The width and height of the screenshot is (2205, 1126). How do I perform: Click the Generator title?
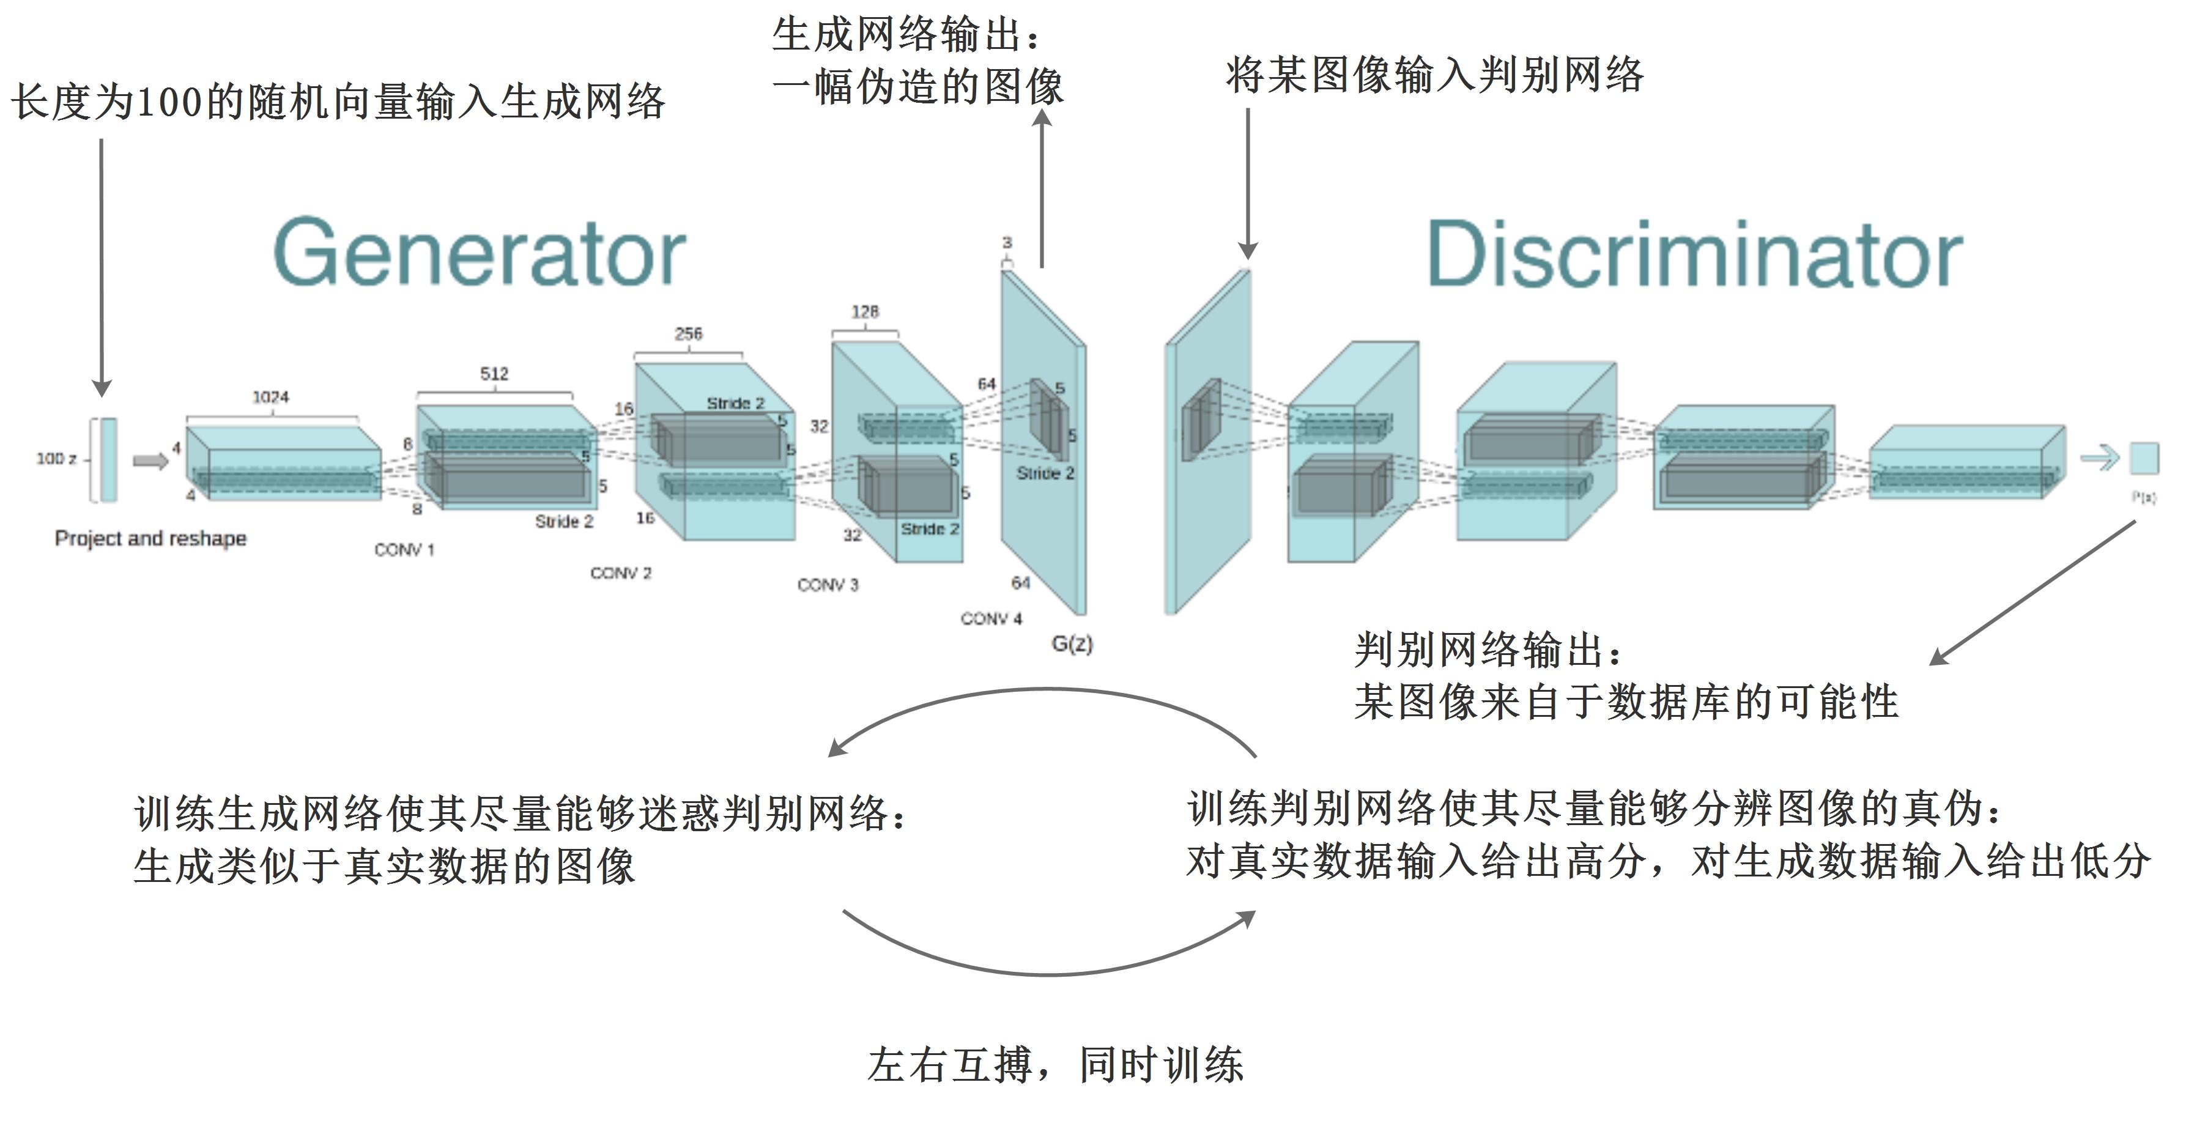[480, 253]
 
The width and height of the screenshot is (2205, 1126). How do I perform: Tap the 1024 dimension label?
[270, 397]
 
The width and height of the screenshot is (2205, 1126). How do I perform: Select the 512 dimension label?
[494, 374]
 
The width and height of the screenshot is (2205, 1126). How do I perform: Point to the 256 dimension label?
[688, 334]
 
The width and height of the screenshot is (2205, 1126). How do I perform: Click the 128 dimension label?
[864, 311]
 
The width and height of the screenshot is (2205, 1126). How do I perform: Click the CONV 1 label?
[404, 549]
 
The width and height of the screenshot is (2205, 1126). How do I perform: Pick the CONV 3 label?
[827, 584]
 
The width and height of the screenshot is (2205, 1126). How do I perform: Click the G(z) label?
[1072, 643]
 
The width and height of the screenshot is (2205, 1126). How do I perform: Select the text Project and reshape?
[150, 538]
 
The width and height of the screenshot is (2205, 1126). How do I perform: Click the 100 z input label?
[56, 459]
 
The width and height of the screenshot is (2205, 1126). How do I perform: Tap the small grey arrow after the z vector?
[150, 461]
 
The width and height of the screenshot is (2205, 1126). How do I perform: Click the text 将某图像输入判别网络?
[1434, 75]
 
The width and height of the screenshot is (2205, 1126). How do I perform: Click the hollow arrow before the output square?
[2098, 459]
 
